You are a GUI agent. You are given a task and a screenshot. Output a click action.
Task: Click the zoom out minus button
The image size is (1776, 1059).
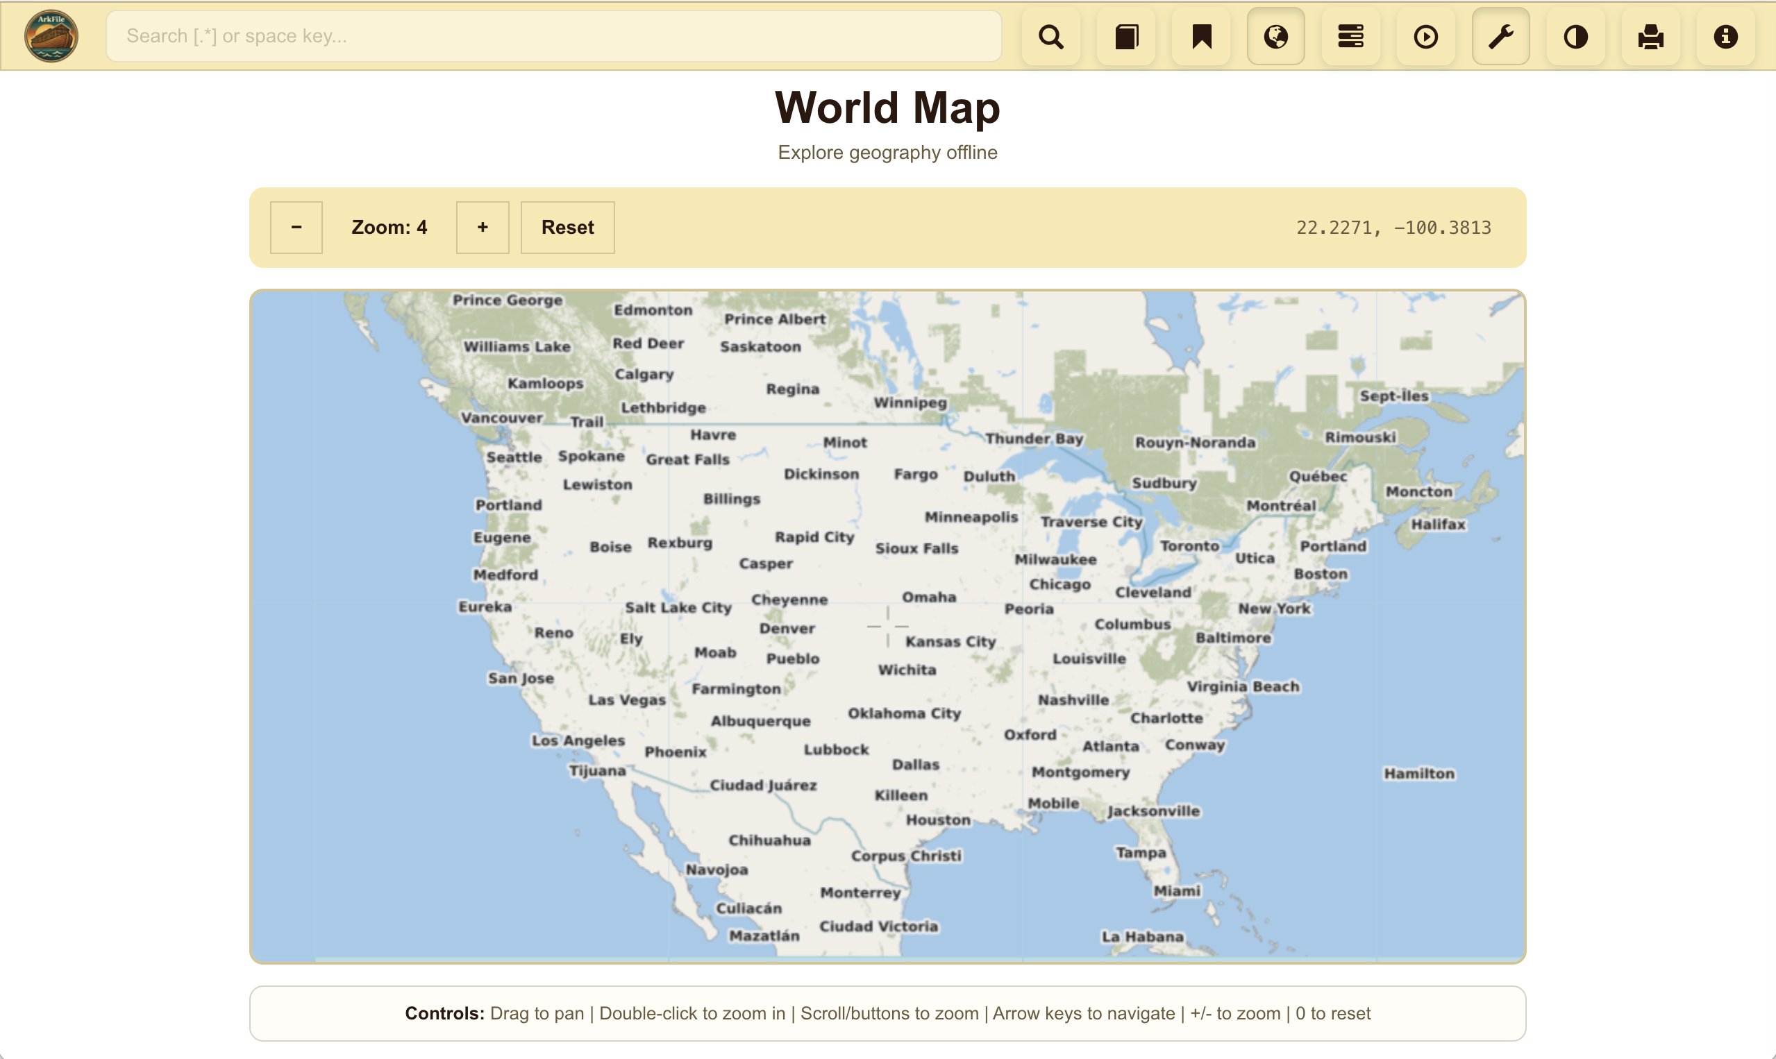296,228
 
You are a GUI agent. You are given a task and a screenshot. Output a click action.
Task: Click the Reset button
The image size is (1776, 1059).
567,228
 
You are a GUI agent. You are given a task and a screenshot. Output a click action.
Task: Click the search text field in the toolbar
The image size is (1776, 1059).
553,35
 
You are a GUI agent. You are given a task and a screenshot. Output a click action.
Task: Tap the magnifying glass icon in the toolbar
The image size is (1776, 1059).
1050,36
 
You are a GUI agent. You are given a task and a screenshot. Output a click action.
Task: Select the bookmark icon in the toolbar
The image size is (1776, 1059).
1201,36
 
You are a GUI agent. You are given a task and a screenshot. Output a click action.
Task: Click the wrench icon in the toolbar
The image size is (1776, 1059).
1500,36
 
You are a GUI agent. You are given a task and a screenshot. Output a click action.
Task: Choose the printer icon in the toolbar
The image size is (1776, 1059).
1650,36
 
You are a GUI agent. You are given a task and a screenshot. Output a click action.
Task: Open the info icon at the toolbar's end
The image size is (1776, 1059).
1725,36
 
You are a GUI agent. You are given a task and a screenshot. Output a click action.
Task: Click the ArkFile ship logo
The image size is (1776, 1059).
51,35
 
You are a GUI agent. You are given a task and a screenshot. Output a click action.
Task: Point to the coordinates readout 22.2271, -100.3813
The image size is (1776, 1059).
1393,228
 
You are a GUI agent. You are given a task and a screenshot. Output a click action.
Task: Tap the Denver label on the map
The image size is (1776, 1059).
787,629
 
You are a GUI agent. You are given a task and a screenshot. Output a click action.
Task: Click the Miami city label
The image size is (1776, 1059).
1177,890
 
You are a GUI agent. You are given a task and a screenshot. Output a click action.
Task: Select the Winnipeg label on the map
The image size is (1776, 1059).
910,403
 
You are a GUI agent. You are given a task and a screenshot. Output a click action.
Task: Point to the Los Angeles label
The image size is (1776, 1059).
578,740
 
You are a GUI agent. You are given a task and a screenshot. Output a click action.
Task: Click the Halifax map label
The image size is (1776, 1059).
1438,524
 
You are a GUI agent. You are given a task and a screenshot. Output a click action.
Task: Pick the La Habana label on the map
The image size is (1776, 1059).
1142,936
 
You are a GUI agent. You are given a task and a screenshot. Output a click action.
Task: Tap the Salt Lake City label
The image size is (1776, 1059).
678,607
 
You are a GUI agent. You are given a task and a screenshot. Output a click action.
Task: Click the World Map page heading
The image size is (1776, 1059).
887,108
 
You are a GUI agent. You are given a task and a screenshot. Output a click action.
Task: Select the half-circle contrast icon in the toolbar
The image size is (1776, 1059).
1575,36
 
